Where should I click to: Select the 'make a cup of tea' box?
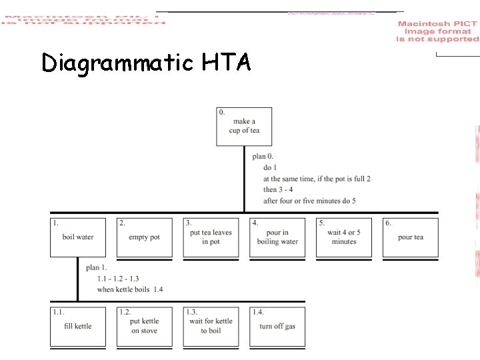[x=244, y=126]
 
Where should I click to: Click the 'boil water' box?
[x=78, y=237]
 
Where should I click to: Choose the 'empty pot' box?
[x=144, y=237]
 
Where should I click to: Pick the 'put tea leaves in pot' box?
[x=211, y=237]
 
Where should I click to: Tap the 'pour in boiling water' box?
[x=277, y=237]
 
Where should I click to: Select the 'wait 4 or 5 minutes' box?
[x=344, y=237]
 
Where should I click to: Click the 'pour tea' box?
[x=410, y=237]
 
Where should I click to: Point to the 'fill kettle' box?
[x=78, y=327]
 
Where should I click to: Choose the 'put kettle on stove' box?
[x=144, y=327]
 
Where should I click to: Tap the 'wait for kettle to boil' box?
[x=211, y=327]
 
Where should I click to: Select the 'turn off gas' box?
[x=277, y=327]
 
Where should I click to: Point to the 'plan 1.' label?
[x=96, y=268]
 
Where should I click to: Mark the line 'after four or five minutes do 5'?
[x=309, y=201]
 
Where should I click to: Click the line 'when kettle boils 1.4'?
[x=130, y=289]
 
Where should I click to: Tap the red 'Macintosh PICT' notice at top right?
[x=437, y=31]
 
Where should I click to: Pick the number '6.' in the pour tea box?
[x=388, y=223]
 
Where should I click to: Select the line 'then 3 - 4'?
[x=278, y=190]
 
